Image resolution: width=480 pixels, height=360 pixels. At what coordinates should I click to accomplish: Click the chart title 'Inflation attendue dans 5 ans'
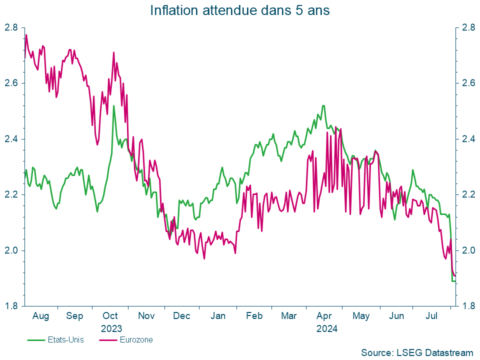pyautogui.click(x=240, y=10)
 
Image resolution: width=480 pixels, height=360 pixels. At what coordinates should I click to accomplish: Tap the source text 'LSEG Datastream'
pyautogui.click(x=416, y=352)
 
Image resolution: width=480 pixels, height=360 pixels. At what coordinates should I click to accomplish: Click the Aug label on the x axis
pyautogui.click(x=40, y=316)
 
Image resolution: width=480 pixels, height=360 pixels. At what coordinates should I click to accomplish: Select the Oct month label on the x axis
pyautogui.click(x=110, y=316)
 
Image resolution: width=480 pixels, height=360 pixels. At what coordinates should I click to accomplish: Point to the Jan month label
pyautogui.click(x=218, y=316)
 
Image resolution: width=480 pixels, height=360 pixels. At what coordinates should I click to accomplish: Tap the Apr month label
pyautogui.click(x=325, y=316)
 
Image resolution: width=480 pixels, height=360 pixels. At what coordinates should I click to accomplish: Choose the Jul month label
pyautogui.click(x=432, y=316)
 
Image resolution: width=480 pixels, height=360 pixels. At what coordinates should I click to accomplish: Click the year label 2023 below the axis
pyautogui.click(x=110, y=329)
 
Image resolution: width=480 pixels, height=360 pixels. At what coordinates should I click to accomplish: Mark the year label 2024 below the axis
pyautogui.click(x=327, y=329)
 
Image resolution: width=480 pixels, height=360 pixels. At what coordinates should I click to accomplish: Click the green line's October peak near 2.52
pyautogui.click(x=113, y=105)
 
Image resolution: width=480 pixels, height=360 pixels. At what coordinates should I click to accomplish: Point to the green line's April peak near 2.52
pyautogui.click(x=323, y=105)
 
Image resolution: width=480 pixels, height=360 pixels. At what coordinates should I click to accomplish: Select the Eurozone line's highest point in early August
pyautogui.click(x=26, y=34)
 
